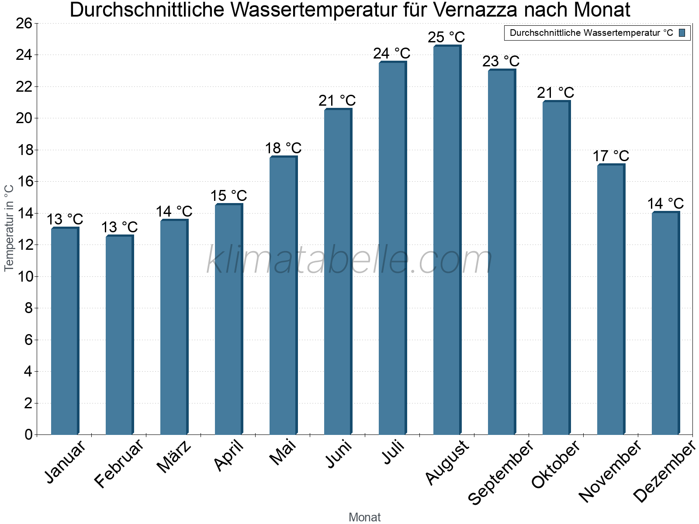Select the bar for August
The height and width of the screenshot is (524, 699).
(x=446, y=240)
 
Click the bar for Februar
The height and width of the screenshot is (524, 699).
(x=119, y=335)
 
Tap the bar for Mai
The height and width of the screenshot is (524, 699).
(x=283, y=296)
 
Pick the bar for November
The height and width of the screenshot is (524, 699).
(x=610, y=300)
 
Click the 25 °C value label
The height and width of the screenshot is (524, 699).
(x=446, y=37)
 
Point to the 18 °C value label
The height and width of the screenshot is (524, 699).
(x=283, y=148)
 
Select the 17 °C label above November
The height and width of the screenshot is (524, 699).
(x=611, y=156)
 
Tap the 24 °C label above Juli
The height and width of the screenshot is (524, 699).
(x=392, y=53)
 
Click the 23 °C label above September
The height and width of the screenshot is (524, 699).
(x=501, y=61)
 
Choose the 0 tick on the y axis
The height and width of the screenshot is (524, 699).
(x=29, y=434)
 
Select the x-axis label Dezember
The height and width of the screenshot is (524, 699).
(x=664, y=472)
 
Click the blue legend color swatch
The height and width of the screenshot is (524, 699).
(x=682, y=33)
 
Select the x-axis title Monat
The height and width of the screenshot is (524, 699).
(x=365, y=517)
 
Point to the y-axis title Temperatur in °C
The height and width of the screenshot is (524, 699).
(x=9, y=228)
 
